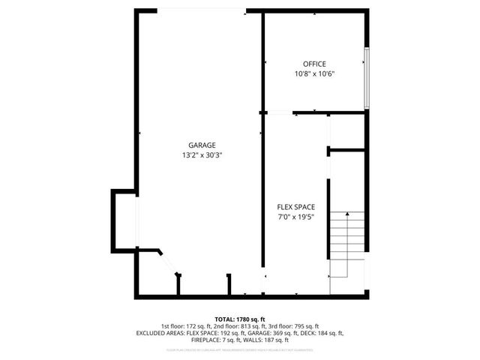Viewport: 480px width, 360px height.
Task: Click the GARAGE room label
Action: pos(202,145)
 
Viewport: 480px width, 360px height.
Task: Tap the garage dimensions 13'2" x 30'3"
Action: pos(202,155)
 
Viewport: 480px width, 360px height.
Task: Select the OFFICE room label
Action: pos(314,64)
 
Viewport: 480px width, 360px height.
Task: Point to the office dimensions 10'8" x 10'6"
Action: pos(314,73)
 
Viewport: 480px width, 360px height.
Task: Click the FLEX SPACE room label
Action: pos(295,207)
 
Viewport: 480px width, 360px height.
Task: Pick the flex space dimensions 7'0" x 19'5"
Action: pos(295,217)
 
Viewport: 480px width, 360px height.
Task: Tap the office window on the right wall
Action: pos(366,77)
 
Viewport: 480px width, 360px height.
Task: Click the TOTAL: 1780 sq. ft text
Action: pos(240,319)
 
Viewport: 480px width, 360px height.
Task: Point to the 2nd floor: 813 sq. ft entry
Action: pos(239,326)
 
